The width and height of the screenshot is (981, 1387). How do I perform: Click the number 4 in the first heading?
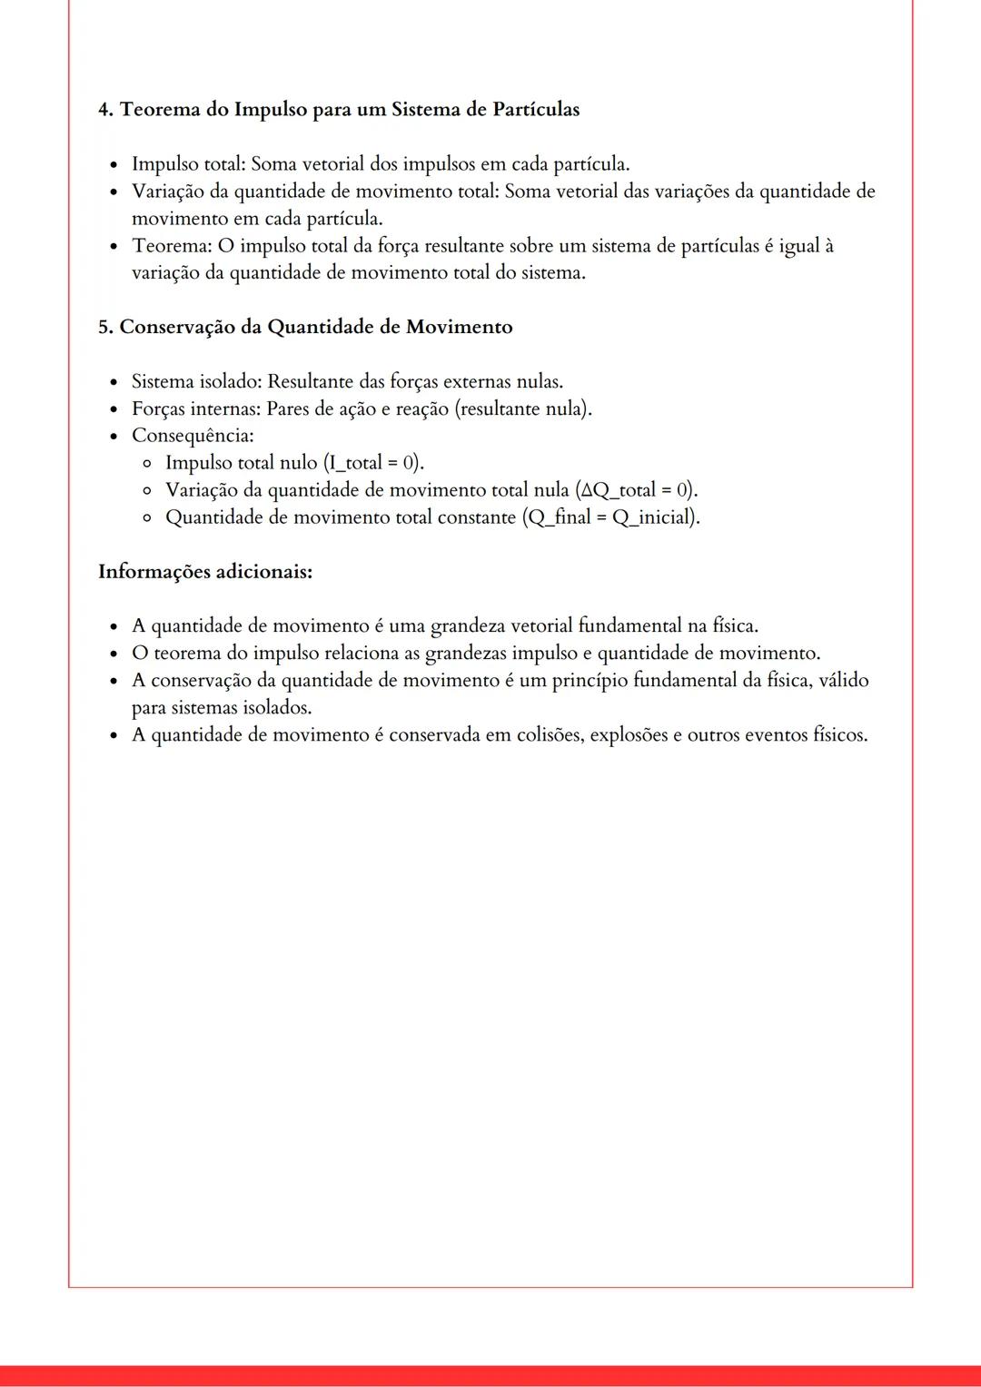point(104,110)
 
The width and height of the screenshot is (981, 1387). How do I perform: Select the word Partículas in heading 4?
point(536,110)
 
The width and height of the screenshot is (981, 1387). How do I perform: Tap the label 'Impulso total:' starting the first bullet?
point(188,164)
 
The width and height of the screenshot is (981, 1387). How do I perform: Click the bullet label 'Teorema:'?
point(171,246)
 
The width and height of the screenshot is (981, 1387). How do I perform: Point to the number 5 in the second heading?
point(104,328)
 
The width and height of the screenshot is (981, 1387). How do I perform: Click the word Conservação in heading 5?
point(177,328)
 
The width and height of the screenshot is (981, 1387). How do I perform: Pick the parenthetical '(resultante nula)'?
point(523,408)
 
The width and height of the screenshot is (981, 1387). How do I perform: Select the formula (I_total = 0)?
point(374,463)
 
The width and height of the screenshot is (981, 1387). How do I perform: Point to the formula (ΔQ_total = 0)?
point(637,490)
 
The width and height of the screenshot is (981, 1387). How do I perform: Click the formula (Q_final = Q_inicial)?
point(611,517)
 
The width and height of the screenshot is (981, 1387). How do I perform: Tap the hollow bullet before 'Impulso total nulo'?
point(147,464)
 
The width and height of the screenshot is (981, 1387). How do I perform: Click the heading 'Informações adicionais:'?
point(205,572)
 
